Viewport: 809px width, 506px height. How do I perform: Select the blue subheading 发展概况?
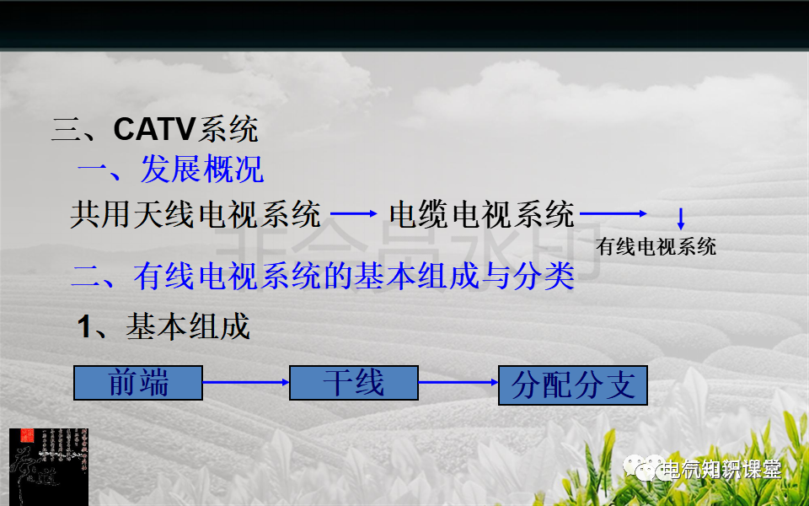202,170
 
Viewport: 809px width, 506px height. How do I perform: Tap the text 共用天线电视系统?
196,214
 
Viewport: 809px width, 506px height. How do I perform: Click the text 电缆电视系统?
482,214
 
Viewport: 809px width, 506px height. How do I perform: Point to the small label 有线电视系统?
656,247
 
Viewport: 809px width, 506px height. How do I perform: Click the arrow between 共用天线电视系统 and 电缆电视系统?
354,214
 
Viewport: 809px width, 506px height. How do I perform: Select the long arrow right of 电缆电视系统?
613,214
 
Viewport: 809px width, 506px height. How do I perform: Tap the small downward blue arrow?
681,219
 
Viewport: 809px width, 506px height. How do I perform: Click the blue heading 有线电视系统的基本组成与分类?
354,276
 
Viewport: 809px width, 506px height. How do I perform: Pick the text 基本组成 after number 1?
189,326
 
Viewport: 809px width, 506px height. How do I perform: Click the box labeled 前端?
138,383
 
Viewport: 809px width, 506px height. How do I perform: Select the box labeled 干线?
354,383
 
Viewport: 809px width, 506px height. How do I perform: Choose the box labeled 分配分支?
573,385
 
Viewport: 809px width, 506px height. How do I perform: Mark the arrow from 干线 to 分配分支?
458,383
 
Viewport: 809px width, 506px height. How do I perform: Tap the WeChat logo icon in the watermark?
649,469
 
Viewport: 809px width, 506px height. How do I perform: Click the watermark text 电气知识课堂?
721,470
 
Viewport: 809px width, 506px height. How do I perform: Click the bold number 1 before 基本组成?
84,327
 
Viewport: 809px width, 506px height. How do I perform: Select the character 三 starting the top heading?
66,131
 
